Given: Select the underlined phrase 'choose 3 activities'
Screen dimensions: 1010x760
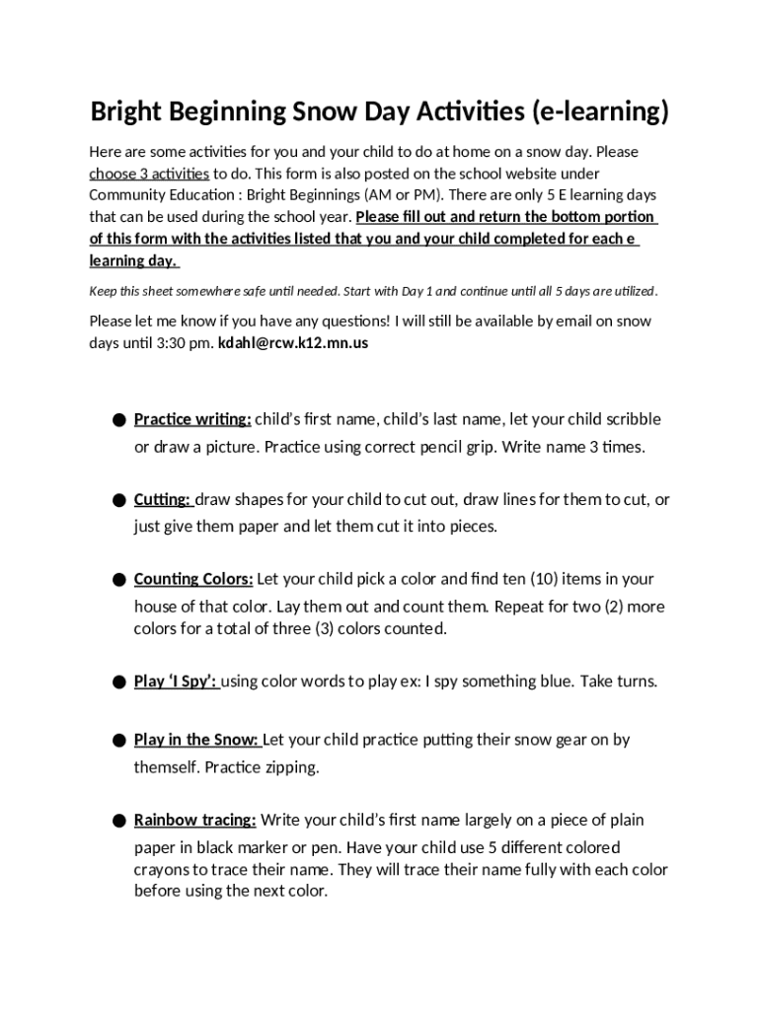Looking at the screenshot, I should point(149,174).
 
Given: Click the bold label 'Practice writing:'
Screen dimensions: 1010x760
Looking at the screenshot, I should point(192,419).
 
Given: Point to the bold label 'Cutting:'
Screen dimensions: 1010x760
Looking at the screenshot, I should point(163,500).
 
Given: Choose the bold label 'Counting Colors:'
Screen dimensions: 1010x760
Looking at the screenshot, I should point(193,579).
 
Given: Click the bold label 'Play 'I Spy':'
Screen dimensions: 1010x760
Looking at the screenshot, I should point(177,682).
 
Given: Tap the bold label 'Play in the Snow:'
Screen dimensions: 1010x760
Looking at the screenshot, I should point(196,740).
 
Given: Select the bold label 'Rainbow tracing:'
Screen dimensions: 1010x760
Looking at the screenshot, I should point(195,821).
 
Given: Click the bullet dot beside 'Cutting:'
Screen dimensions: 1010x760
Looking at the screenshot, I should point(118,501).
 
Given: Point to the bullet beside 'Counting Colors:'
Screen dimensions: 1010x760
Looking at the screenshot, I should point(118,580).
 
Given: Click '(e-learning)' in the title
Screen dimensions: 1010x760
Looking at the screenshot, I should point(599,112).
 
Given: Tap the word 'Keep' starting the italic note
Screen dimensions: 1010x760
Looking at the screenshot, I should point(104,292).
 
